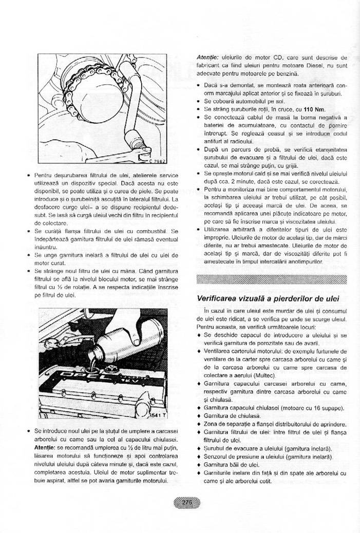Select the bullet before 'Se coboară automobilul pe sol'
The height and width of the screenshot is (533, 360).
pyautogui.click(x=199, y=101)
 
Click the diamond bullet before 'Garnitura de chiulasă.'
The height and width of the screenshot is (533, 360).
pyautogui.click(x=199, y=415)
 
